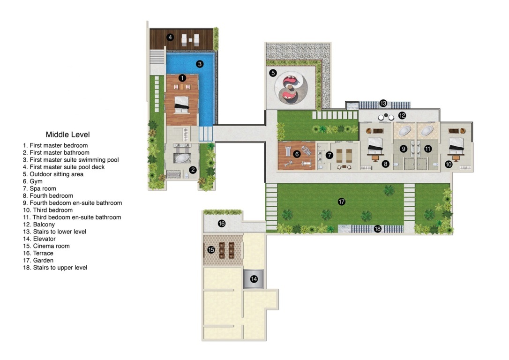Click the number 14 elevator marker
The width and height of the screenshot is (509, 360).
pyautogui.click(x=254, y=279)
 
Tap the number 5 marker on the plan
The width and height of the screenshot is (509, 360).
pyautogui.click(x=273, y=73)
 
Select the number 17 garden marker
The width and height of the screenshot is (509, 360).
pyautogui.click(x=342, y=202)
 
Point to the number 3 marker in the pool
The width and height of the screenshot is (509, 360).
pyautogui.click(x=200, y=64)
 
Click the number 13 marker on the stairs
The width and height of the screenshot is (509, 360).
pyautogui.click(x=383, y=103)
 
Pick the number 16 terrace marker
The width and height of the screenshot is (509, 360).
pyautogui.click(x=222, y=223)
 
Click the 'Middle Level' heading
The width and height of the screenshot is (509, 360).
pyautogui.click(x=67, y=135)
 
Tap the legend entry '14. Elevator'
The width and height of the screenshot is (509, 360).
pyautogui.click(x=39, y=239)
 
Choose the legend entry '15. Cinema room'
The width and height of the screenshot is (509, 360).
pyautogui.click(x=46, y=246)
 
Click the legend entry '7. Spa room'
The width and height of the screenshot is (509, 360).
pyautogui.click(x=39, y=188)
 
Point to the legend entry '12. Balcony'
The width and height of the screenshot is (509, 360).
pyautogui.click(x=38, y=225)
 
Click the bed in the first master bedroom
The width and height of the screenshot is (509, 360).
pyautogui.click(x=182, y=104)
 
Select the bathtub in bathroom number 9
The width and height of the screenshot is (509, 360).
pyautogui.click(x=404, y=131)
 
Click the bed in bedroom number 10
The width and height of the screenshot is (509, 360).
pyautogui.click(x=456, y=146)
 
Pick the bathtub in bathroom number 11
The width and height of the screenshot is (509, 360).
pyautogui.click(x=427, y=131)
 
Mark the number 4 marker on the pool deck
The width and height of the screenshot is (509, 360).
pyautogui.click(x=170, y=37)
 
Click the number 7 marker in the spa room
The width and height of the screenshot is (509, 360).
pyautogui.click(x=329, y=155)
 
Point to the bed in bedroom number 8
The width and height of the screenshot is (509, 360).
pyautogui.click(x=375, y=146)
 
